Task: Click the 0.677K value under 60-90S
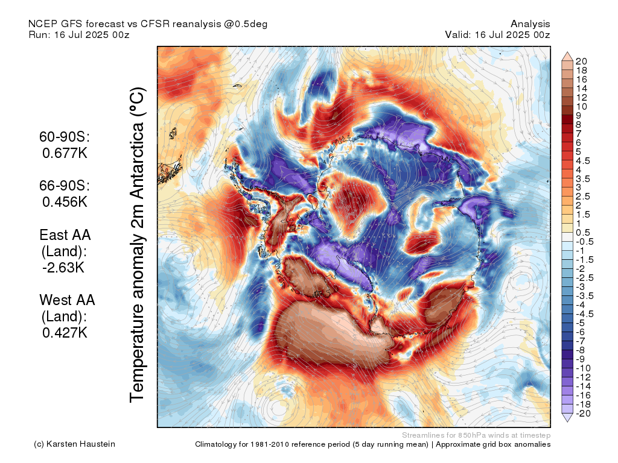65,153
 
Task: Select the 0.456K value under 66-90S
65,202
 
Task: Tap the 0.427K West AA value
65,332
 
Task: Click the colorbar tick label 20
581,61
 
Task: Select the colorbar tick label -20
583,413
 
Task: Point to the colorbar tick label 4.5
584,160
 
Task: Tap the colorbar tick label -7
581,341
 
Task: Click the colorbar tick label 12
581,97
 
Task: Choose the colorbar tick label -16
583,395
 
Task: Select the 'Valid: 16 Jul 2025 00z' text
497,34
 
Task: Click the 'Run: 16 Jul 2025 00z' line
79,34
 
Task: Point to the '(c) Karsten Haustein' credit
74,444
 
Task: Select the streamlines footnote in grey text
476,435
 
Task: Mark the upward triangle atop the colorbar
567,55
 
